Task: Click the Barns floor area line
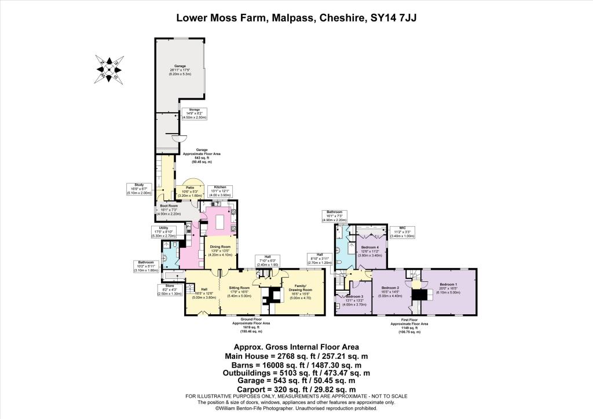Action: tap(296, 365)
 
